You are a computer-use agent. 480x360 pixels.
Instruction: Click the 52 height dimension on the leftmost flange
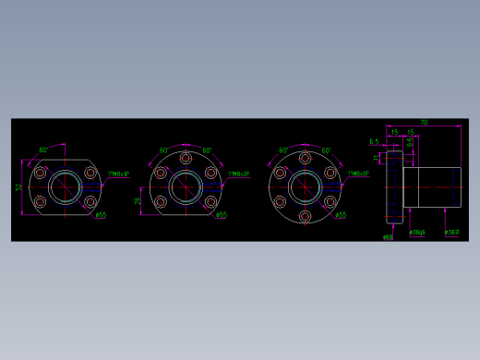(18, 187)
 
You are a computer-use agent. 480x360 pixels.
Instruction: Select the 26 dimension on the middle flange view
(138, 200)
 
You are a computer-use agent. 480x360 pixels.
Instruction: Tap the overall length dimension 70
(424, 122)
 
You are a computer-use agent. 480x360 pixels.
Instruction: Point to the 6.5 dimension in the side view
(374, 141)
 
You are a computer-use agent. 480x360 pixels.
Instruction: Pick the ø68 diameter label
(389, 236)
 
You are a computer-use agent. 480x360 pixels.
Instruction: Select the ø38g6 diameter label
(417, 233)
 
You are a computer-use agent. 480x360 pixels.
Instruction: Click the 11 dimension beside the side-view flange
(377, 161)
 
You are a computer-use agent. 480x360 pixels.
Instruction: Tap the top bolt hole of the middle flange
(185, 157)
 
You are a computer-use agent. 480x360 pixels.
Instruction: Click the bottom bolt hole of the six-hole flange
(305, 218)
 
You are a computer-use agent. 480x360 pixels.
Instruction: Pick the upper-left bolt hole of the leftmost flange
(40, 172)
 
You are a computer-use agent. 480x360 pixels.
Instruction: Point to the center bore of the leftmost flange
(65, 187)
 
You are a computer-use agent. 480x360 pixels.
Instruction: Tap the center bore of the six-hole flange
(305, 187)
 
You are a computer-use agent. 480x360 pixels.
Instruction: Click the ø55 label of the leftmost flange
(101, 215)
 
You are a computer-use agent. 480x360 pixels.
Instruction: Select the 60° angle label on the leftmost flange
(43, 150)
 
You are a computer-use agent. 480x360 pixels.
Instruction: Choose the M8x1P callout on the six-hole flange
(358, 173)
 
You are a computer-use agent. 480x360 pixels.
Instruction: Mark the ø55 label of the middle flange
(222, 215)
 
